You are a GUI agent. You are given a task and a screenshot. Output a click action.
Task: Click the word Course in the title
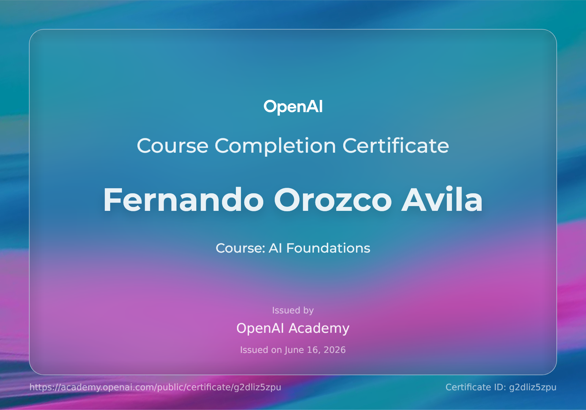pos(173,146)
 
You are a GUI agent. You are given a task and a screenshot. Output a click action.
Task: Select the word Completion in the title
pos(275,146)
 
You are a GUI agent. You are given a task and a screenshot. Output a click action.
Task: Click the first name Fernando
pos(183,200)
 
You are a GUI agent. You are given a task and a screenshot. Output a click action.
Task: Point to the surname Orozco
pos(333,200)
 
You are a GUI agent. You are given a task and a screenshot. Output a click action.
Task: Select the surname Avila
pos(442,199)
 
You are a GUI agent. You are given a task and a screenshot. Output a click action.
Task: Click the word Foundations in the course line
pos(328,248)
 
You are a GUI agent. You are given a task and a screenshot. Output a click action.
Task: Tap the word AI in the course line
pos(275,248)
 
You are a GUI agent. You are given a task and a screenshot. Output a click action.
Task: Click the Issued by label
pos(293,310)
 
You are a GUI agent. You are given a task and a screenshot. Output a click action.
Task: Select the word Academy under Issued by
pos(319,328)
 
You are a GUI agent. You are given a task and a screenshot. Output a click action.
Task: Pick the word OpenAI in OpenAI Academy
pos(260,328)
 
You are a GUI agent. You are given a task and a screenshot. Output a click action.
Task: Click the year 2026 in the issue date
pos(335,350)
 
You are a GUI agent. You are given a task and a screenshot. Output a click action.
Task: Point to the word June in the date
pos(294,350)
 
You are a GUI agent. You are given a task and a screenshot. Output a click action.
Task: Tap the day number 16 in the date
pos(313,350)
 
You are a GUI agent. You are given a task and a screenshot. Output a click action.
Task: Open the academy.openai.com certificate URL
pos(155,387)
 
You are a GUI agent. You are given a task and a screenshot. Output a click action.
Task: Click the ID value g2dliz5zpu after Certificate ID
pos(533,387)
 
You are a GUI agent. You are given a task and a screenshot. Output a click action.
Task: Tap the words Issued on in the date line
pos(261,350)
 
